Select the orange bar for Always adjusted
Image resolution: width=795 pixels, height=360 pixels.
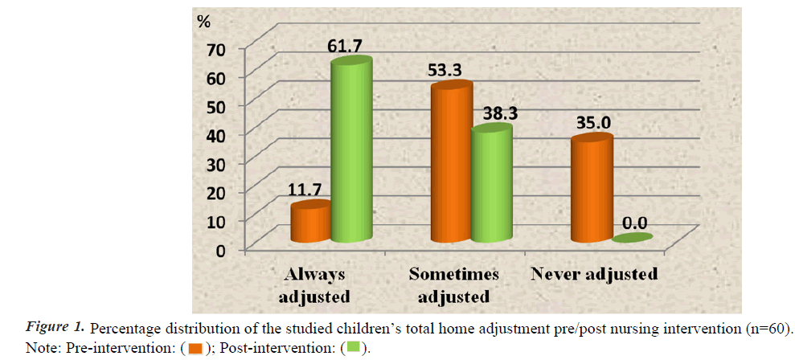[310, 223]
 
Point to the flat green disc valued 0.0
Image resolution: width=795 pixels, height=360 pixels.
[632, 238]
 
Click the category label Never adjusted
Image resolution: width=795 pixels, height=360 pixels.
[594, 274]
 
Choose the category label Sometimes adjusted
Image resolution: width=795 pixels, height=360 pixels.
[453, 285]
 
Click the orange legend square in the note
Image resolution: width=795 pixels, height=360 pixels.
[195, 349]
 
